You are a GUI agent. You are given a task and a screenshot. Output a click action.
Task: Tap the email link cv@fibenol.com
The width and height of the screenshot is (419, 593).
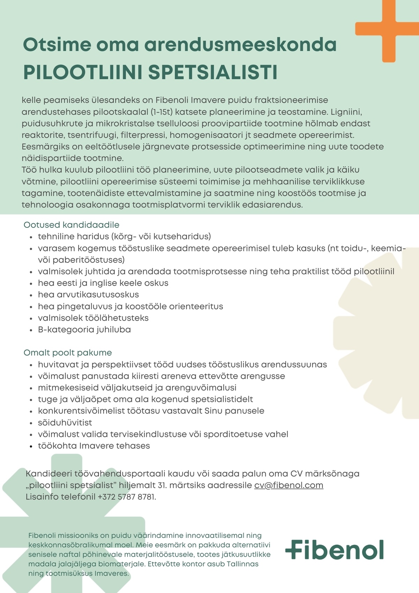point(288,485)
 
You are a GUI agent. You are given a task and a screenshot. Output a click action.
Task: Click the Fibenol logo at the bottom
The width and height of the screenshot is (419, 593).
point(335,550)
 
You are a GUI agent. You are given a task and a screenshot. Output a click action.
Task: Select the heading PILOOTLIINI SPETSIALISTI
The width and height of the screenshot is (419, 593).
point(150,72)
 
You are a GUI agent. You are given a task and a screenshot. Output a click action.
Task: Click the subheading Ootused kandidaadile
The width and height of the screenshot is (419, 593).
point(72,225)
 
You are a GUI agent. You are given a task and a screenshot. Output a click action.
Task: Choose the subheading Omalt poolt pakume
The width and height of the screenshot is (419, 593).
point(68,353)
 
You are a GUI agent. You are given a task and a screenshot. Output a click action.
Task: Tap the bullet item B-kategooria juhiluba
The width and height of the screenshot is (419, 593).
point(84,330)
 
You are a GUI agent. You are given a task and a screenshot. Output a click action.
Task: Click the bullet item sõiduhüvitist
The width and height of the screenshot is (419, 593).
point(65,422)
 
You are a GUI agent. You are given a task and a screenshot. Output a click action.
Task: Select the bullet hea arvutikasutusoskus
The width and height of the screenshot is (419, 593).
point(88,295)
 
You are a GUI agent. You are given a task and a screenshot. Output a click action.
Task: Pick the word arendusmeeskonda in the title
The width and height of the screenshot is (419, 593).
point(240,45)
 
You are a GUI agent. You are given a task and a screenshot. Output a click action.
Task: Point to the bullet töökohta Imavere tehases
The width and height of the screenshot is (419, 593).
point(94,446)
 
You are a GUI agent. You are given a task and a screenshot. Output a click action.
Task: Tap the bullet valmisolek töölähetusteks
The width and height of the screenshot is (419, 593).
point(93,318)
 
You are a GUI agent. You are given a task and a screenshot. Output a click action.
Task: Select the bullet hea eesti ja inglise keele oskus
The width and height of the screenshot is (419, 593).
point(103,283)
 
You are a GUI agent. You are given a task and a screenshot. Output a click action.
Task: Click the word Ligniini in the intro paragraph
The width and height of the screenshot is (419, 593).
point(346,112)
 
